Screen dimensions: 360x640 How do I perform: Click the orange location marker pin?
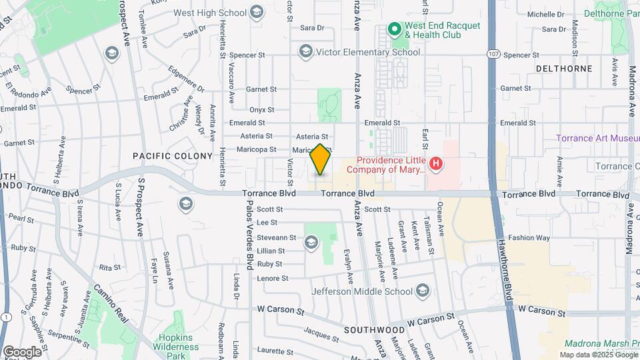[321, 160]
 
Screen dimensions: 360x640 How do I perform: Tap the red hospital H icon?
[436, 163]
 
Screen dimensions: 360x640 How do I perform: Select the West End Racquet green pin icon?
[394, 29]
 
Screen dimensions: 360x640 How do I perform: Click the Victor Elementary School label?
[368, 52]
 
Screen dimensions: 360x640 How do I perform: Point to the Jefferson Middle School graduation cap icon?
[422, 291]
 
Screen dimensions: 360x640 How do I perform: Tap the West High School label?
[209, 13]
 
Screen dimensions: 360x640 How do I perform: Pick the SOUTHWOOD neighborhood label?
[374, 330]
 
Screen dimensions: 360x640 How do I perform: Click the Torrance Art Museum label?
[597, 139]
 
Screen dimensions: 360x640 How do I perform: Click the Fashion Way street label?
[529, 237]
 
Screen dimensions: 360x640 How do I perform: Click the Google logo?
[21, 351]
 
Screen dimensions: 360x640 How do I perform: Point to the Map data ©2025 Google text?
[597, 355]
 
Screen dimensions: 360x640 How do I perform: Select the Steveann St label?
[276, 237]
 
